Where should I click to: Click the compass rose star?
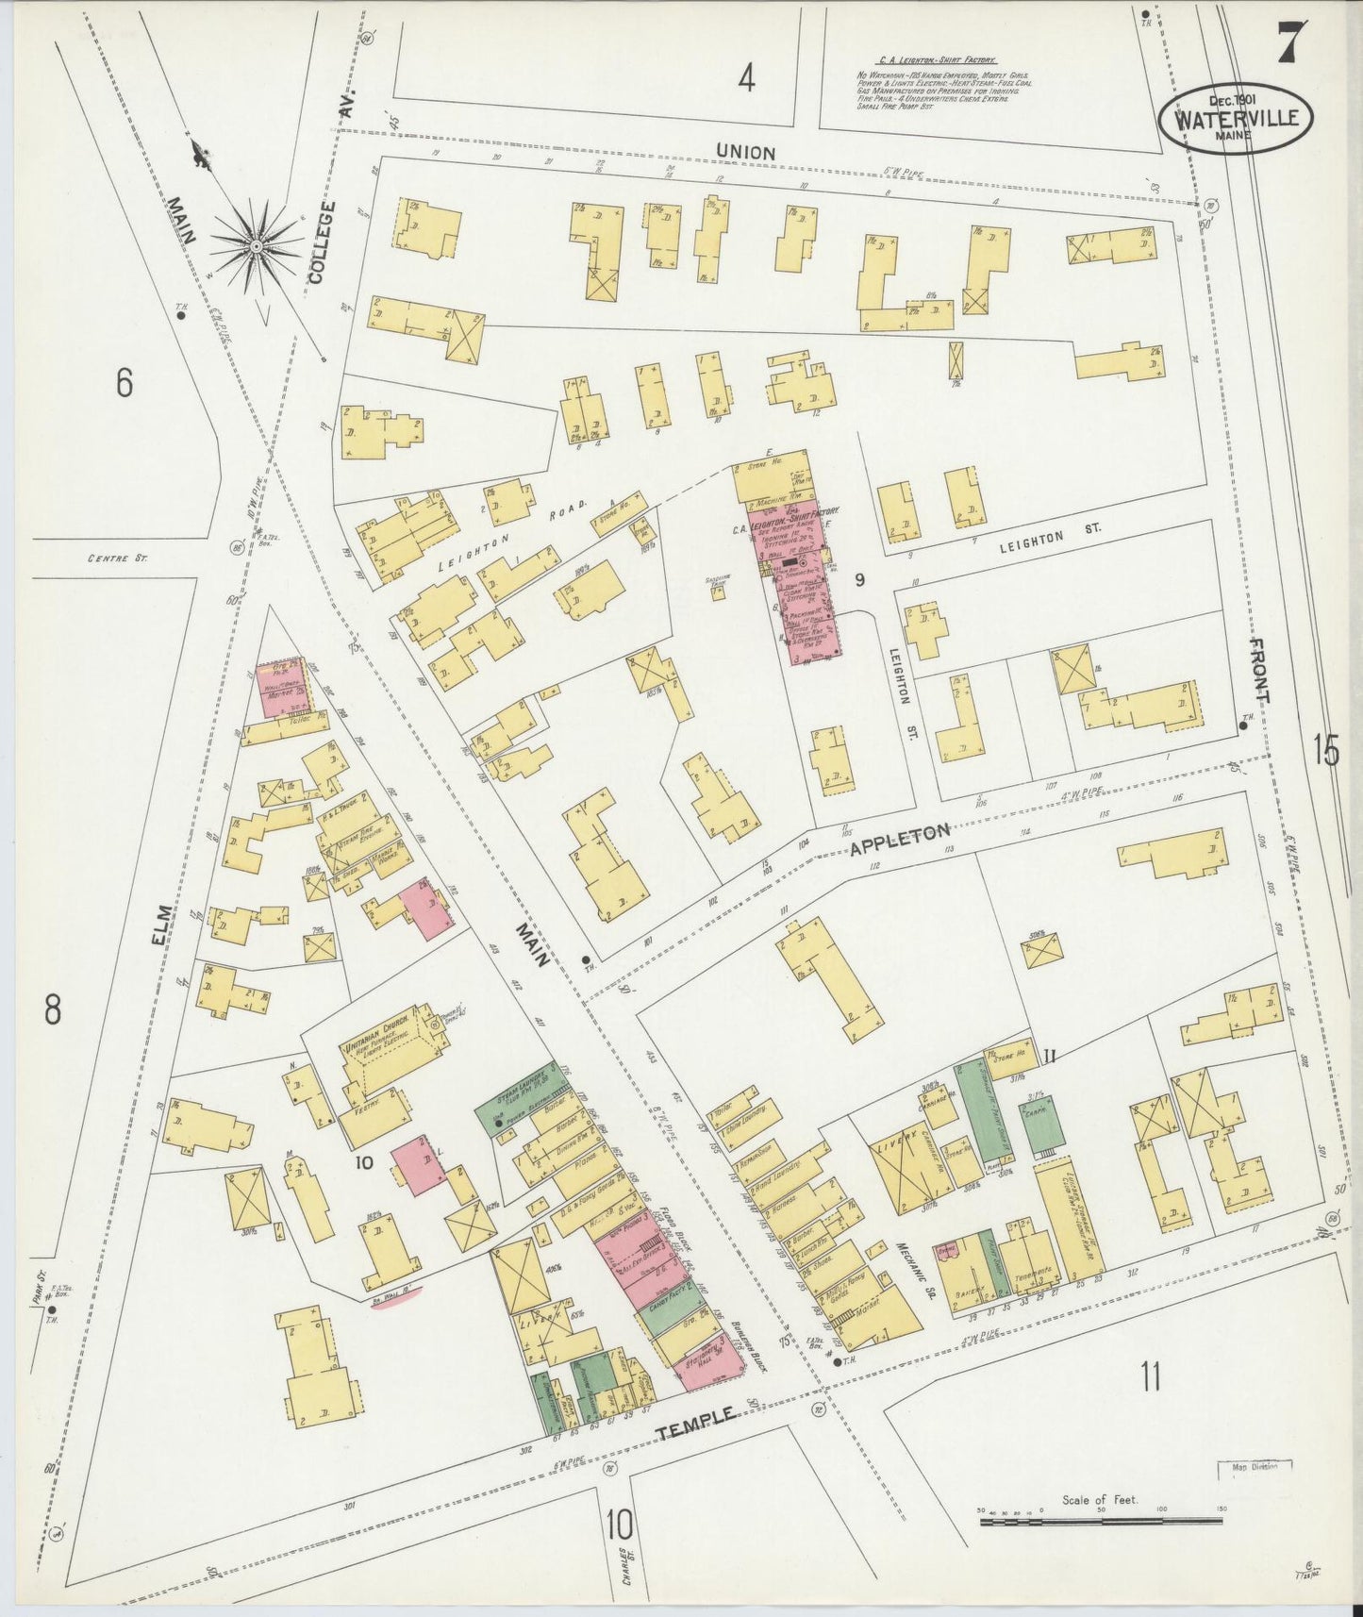point(256,247)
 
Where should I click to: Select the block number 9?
point(859,580)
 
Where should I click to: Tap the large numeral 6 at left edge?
point(124,382)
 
